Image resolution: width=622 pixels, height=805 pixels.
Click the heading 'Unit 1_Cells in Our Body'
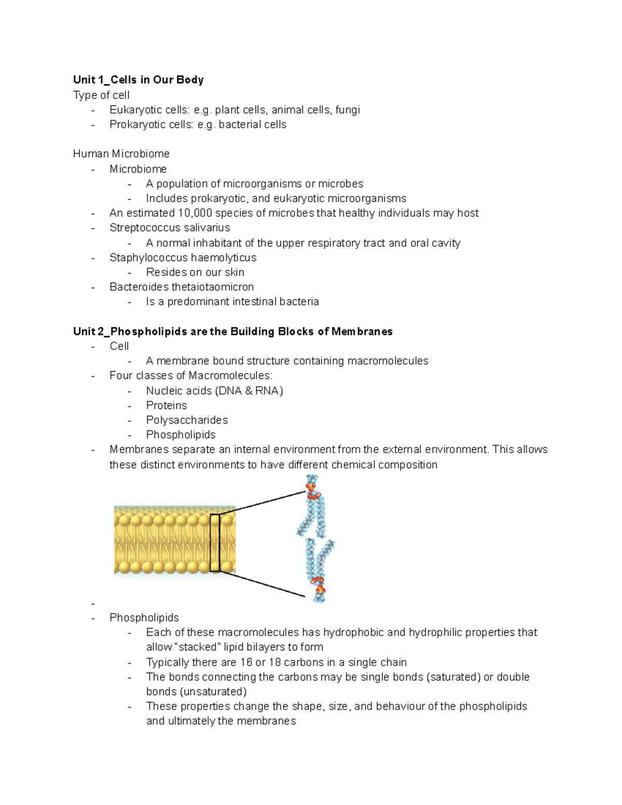tap(138, 80)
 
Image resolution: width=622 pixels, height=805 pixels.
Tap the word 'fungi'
tap(347, 110)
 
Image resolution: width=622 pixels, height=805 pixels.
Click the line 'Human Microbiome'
tap(121, 154)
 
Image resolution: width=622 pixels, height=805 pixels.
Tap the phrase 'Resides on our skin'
tap(195, 272)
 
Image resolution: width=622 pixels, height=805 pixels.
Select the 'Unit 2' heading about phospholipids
tap(233, 332)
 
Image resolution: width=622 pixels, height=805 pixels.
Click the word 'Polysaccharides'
tap(187, 420)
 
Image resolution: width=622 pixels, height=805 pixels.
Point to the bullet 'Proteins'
tap(166, 406)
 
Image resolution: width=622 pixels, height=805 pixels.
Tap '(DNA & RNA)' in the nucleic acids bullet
tap(249, 391)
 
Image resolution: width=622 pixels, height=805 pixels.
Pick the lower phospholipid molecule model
tap(319, 571)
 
